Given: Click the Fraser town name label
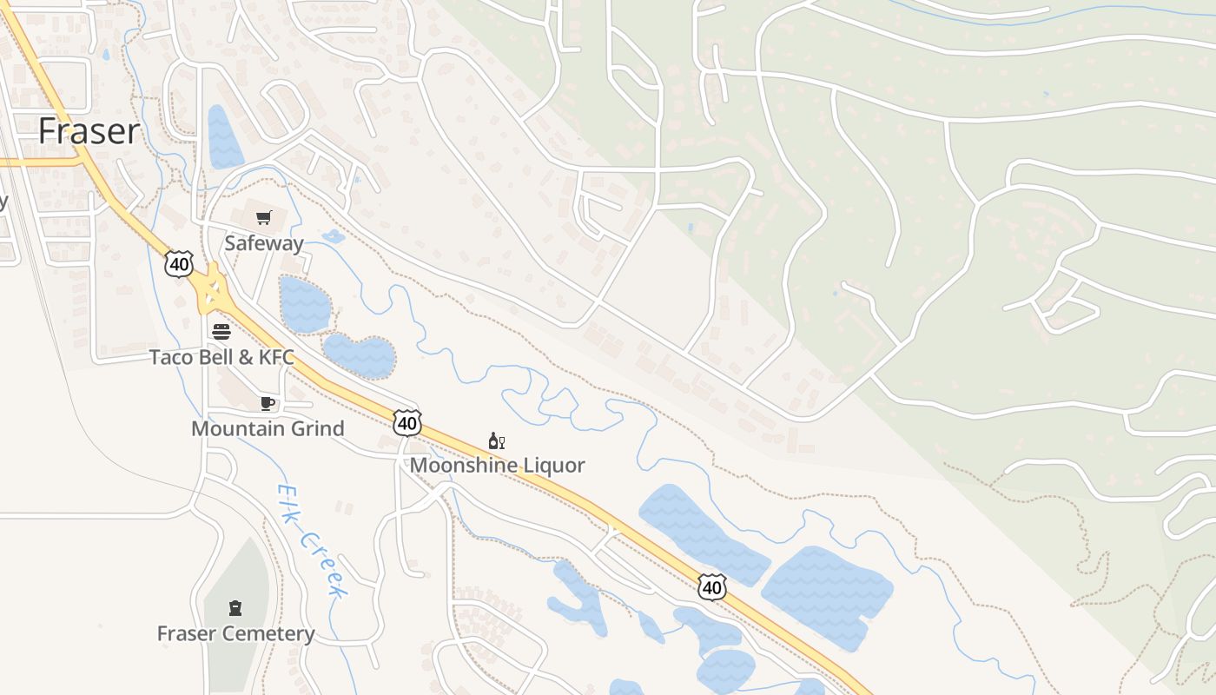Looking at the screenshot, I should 89,131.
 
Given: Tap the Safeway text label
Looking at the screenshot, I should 263,243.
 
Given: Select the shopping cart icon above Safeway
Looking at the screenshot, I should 263,217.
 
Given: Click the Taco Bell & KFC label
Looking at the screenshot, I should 221,357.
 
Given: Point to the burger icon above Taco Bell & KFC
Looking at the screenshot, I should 221,331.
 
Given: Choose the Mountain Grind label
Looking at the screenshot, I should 268,428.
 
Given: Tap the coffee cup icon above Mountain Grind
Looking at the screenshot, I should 268,403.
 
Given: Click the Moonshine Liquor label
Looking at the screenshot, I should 497,465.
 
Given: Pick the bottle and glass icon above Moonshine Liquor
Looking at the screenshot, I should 497,441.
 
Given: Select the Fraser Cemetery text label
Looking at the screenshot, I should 235,633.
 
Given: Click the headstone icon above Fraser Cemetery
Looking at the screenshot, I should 235,607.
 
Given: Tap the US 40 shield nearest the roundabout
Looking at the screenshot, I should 179,264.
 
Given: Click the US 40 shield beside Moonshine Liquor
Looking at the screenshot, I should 406,423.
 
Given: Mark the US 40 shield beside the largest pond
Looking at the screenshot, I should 711,587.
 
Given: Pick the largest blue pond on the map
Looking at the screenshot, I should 825,595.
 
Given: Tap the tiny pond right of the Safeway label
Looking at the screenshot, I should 333,236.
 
